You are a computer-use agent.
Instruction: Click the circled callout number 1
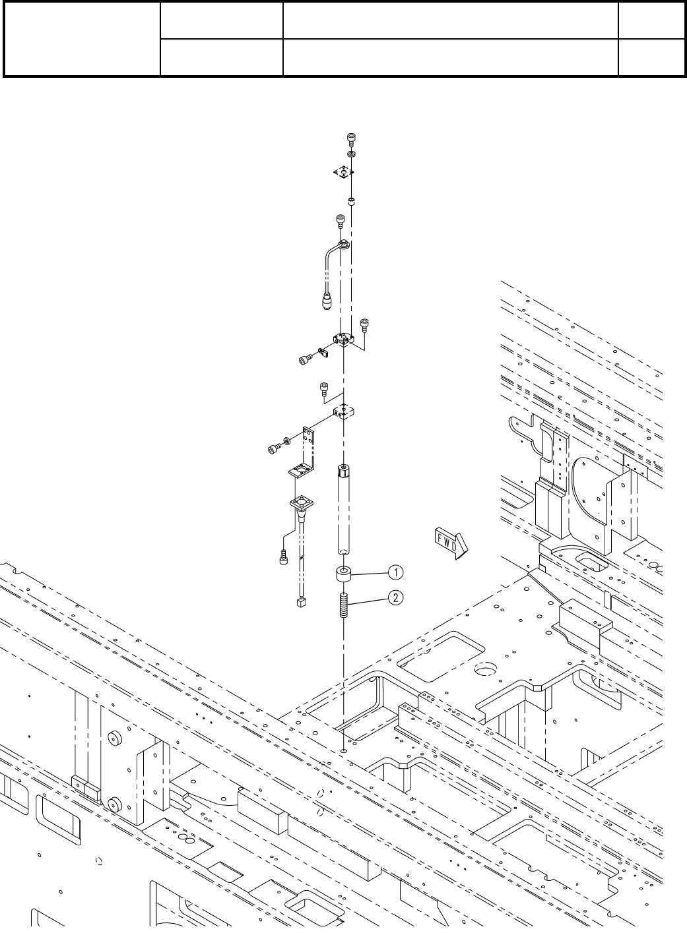point(395,570)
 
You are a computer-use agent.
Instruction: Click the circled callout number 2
point(395,598)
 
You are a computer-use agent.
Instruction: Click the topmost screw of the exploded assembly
point(351,138)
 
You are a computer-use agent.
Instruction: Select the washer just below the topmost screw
point(351,154)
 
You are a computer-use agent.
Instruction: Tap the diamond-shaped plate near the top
point(343,171)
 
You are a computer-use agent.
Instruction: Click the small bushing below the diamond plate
point(351,200)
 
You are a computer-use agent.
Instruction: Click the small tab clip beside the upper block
point(325,353)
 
